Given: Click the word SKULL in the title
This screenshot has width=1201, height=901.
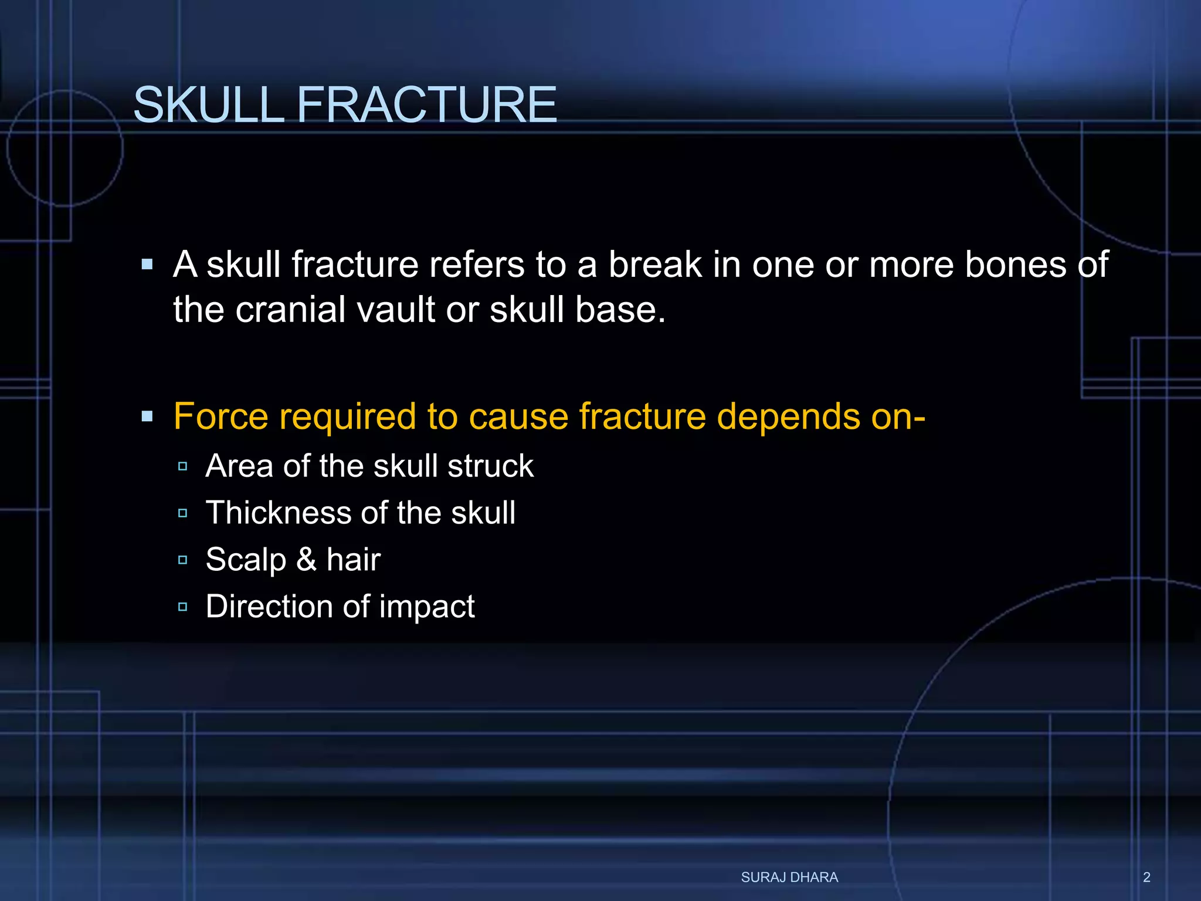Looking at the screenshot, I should pos(209,105).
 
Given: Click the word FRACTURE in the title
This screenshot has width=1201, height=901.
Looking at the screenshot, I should pos(426,105).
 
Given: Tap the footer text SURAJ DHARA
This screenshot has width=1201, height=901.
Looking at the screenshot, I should pos(789,877).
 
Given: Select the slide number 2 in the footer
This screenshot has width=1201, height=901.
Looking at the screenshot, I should pos(1146,877).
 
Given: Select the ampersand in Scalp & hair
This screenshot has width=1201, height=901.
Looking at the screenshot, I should pos(306,559).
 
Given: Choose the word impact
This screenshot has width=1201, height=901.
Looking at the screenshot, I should pos(426,607).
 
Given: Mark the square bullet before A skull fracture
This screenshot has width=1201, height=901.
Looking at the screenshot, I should pos(147,265).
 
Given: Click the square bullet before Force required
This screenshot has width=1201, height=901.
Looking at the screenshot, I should pos(147,417).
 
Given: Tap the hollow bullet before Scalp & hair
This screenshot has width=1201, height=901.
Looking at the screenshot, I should pos(182,560).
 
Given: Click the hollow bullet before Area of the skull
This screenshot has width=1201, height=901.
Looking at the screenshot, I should pos(182,466).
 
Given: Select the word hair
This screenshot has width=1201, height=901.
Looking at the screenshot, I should pos(353,559).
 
